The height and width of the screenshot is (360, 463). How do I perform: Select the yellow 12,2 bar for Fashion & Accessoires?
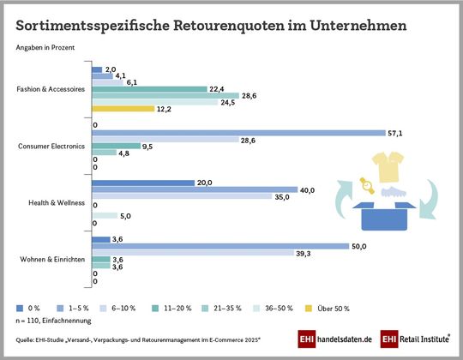click(123, 109)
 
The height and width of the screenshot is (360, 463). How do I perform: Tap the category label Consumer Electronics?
click(51, 147)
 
